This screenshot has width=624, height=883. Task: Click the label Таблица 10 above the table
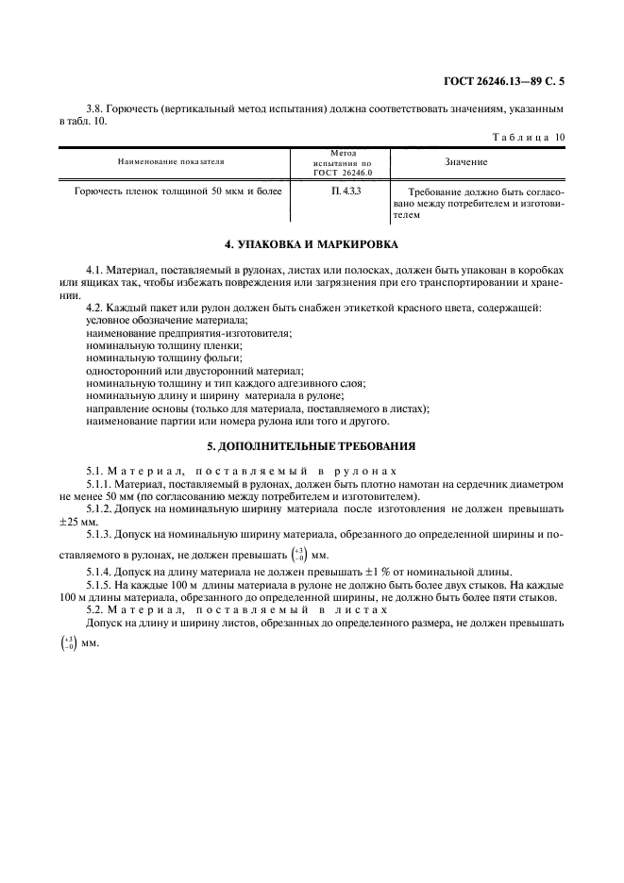[x=529, y=137]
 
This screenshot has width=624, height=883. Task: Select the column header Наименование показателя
[x=171, y=162]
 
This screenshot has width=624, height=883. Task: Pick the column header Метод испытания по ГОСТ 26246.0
[x=345, y=162]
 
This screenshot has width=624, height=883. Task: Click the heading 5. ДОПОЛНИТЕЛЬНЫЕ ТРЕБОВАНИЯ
[x=312, y=445]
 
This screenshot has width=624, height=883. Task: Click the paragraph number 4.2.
[x=94, y=308]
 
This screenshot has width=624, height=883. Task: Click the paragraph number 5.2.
[x=94, y=610]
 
